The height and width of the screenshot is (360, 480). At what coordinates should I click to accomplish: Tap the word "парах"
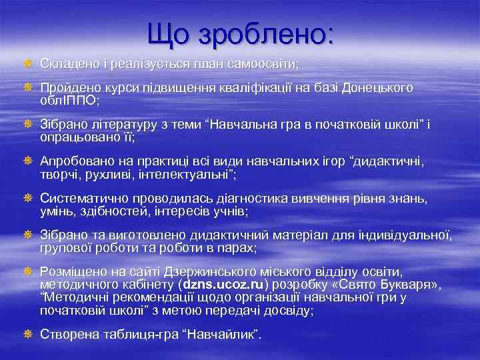(x=237, y=248)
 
